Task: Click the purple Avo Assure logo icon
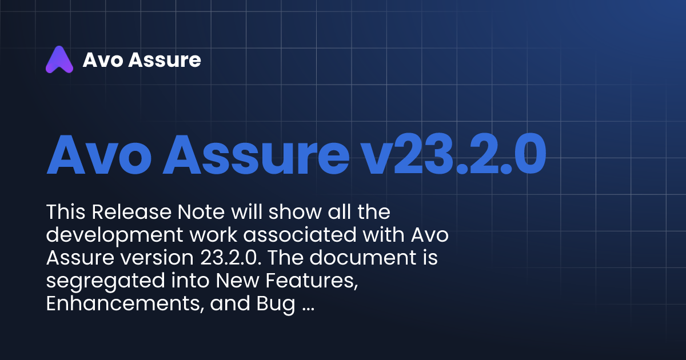[x=59, y=59]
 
